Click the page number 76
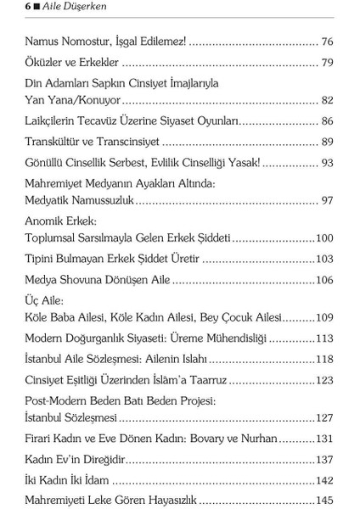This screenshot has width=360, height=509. [328, 41]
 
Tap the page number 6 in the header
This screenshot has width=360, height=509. [28, 6]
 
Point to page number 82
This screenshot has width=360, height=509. [328, 99]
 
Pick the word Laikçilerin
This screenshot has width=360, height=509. [55, 121]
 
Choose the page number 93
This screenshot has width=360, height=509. [328, 162]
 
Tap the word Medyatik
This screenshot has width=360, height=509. [48, 201]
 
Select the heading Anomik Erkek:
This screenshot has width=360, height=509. [61, 221]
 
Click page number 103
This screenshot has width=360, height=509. [324, 259]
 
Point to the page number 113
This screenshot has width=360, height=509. [324, 338]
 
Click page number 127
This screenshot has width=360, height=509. [324, 418]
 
